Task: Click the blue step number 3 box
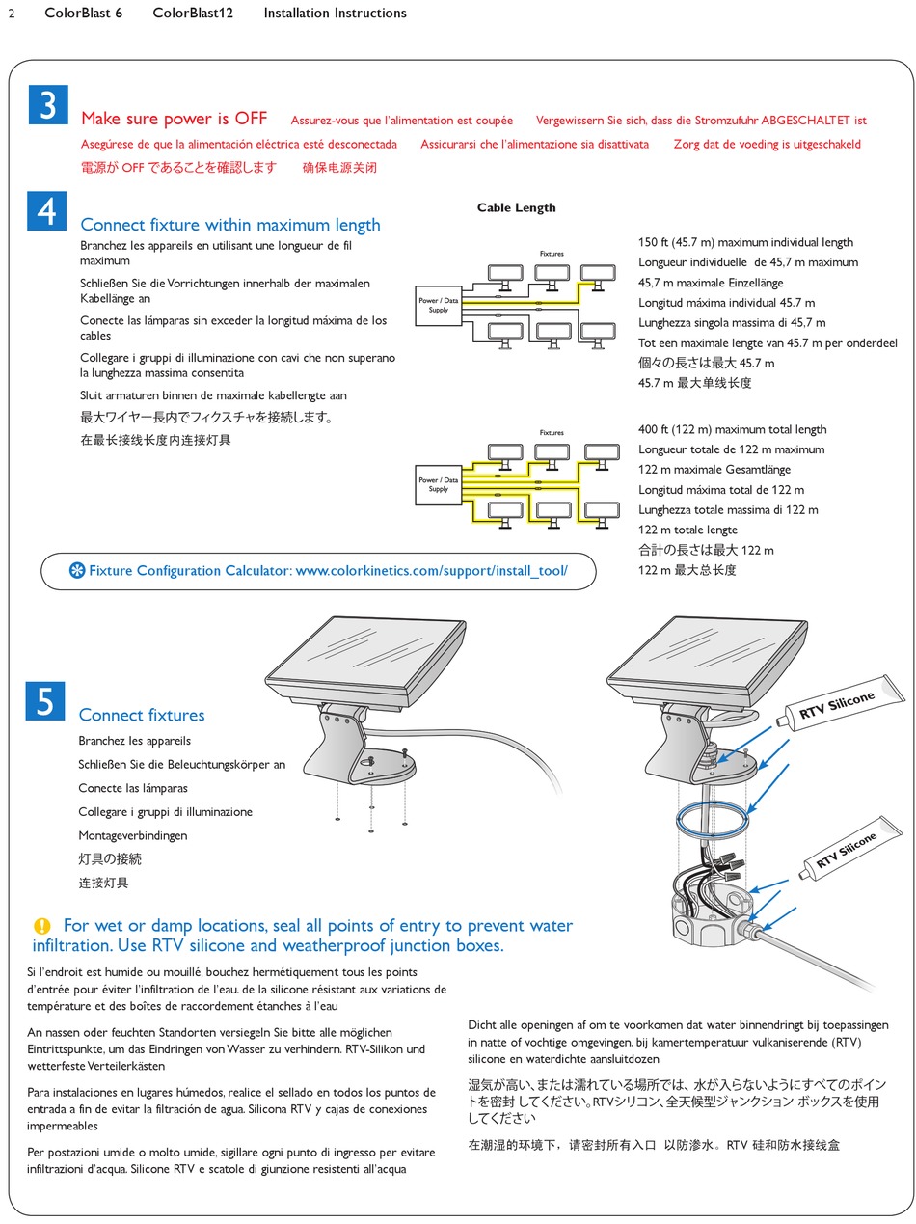(x=47, y=104)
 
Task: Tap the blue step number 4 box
(x=47, y=211)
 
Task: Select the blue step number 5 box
(x=45, y=701)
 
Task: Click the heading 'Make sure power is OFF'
(x=174, y=119)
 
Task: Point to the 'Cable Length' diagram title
(x=517, y=207)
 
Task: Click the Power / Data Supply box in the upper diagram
(x=438, y=306)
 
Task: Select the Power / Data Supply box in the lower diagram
(x=438, y=484)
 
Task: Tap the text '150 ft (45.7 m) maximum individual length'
(x=745, y=243)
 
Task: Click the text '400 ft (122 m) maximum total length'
(x=732, y=430)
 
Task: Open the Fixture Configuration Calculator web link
(x=431, y=571)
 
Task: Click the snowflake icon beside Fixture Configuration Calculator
(x=77, y=571)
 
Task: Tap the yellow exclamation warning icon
(x=41, y=926)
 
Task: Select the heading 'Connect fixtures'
(x=142, y=715)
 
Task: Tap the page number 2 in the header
(x=11, y=14)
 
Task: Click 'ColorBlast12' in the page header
(x=193, y=14)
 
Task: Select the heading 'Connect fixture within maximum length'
(x=230, y=225)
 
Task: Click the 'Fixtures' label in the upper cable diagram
(x=552, y=254)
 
